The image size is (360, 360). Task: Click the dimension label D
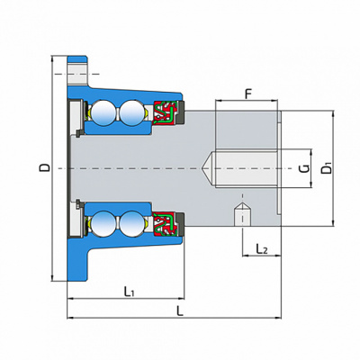45,167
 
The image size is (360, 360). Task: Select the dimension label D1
327,167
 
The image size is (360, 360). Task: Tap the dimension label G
304,168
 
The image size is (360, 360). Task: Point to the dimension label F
247,94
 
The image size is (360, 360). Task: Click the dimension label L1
129,291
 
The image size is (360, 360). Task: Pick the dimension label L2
262,248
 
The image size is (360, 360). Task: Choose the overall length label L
179,310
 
